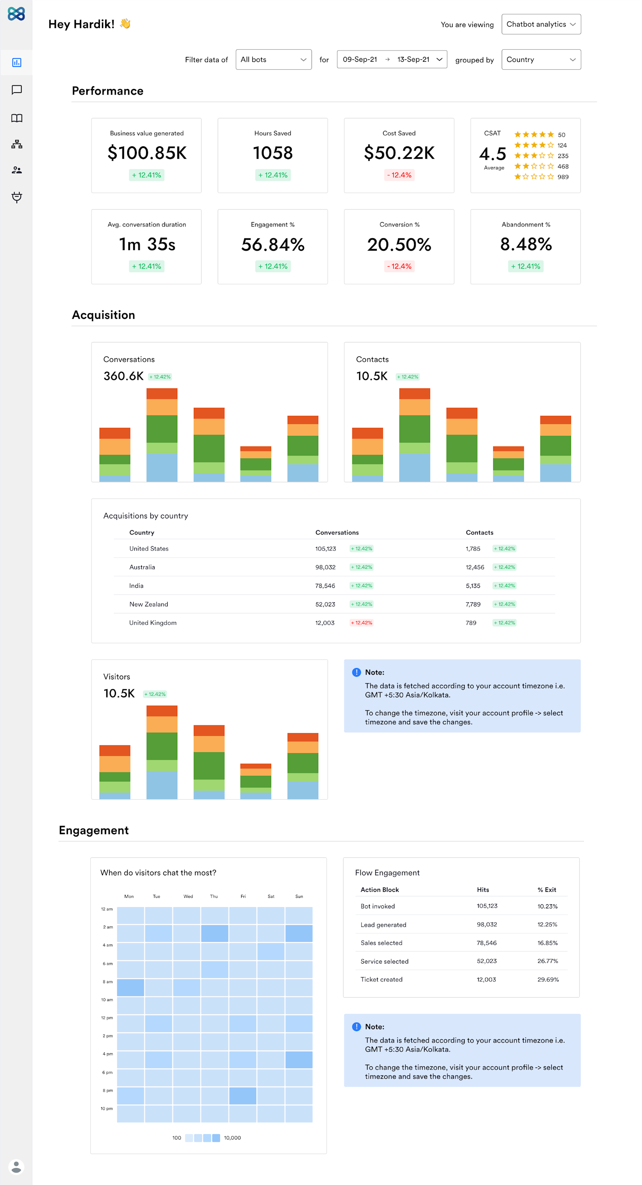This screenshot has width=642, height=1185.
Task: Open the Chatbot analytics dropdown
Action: pos(541,24)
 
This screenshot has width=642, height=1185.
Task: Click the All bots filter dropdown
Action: pos(273,60)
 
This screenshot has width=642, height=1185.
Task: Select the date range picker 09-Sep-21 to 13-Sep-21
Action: pos(392,60)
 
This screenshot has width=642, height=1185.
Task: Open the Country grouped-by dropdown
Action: pos(541,60)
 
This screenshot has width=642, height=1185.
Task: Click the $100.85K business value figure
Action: pos(147,153)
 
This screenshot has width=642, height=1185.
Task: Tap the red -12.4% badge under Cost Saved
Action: pos(399,175)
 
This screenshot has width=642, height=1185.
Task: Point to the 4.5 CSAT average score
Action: pos(492,154)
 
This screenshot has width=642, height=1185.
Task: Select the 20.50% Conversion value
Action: pos(399,245)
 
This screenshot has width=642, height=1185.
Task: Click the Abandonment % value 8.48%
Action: pos(526,244)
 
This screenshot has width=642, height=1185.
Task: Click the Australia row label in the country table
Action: pos(142,567)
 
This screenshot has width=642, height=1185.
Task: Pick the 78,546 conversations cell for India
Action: pos(325,585)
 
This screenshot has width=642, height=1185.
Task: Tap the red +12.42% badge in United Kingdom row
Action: pos(361,623)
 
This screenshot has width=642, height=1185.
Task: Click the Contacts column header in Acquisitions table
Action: pos(479,533)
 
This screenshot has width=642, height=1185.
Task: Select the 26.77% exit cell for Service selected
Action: pos(547,961)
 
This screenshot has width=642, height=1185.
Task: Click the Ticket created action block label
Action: pos(381,979)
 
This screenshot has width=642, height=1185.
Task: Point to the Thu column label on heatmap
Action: pos(213,896)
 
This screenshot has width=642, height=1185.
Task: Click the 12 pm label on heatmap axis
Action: pos(107,1017)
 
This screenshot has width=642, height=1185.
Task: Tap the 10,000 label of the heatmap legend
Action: pos(232,1138)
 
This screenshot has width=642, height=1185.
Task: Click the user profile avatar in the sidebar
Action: pos(16,1167)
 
